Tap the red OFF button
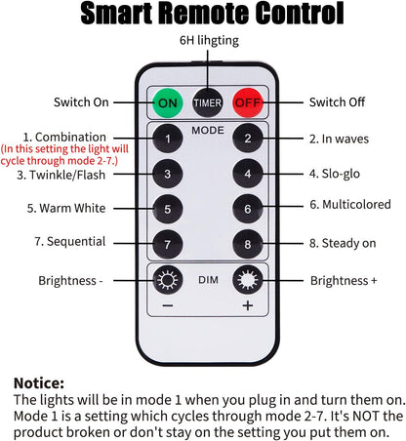248,102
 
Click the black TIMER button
208,102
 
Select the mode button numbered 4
248,174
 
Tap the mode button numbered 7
168,244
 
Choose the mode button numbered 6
248,209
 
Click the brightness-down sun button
168,280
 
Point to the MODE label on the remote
208,131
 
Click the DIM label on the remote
208,280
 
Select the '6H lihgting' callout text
209,41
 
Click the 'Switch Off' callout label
337,102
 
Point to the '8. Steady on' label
343,243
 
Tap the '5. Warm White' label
66,208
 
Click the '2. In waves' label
339,139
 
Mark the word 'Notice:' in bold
39,383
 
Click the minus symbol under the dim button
168,305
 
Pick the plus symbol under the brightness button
248,305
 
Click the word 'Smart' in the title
116,13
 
